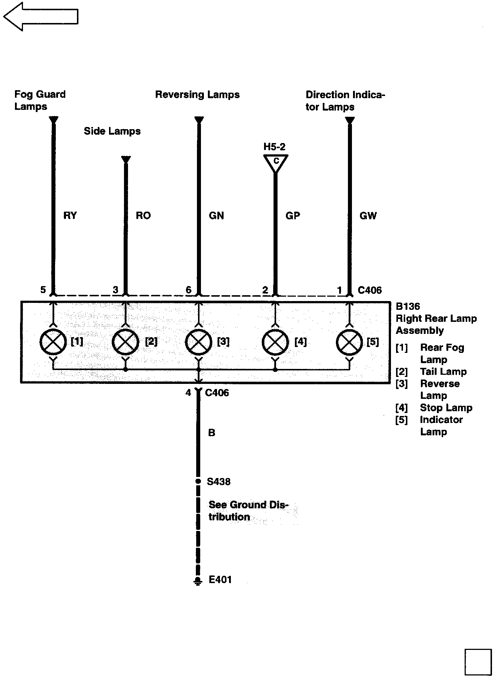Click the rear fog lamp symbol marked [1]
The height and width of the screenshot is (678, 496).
click(x=53, y=342)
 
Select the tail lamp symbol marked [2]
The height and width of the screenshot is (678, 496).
click(x=125, y=342)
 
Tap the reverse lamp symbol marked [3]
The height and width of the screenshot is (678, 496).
click(x=199, y=342)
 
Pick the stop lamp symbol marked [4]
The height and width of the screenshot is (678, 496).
click(x=275, y=342)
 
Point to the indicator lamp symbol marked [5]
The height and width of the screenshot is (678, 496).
click(x=349, y=342)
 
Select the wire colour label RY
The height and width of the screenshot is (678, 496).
click(x=70, y=216)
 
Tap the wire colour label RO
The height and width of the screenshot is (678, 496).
click(x=143, y=216)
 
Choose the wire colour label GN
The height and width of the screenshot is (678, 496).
click(x=216, y=216)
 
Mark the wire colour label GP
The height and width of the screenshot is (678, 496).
click(x=292, y=216)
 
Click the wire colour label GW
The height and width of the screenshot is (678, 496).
click(x=368, y=216)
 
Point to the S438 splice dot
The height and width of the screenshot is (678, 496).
click(x=198, y=481)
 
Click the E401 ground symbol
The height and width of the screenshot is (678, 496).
click(x=198, y=581)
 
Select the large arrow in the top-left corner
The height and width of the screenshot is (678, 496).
click(x=40, y=16)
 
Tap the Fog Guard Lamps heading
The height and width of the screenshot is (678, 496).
click(x=40, y=100)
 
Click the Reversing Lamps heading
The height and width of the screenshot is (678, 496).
click(x=197, y=95)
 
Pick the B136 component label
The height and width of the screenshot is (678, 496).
click(x=408, y=307)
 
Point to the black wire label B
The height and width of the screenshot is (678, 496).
click(x=212, y=433)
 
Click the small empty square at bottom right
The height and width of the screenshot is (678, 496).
click(x=478, y=662)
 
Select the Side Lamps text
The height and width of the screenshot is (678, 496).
click(x=112, y=131)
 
